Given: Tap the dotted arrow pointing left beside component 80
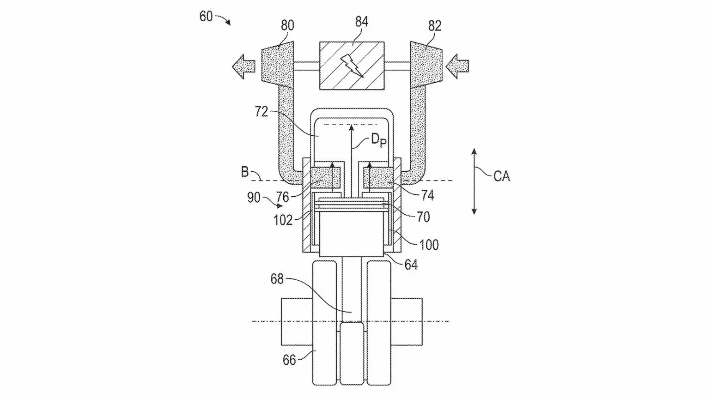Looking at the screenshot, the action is [243, 66].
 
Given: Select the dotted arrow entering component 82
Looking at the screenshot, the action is [457, 66].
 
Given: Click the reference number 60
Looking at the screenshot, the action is [206, 17].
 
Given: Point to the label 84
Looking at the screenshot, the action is [362, 22].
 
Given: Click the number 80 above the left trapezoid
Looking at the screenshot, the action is [288, 25].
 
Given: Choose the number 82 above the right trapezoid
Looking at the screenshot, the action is [435, 26].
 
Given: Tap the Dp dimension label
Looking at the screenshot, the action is [378, 140].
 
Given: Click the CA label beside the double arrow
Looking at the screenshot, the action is [502, 176].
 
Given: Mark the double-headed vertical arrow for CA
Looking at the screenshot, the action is [474, 181].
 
